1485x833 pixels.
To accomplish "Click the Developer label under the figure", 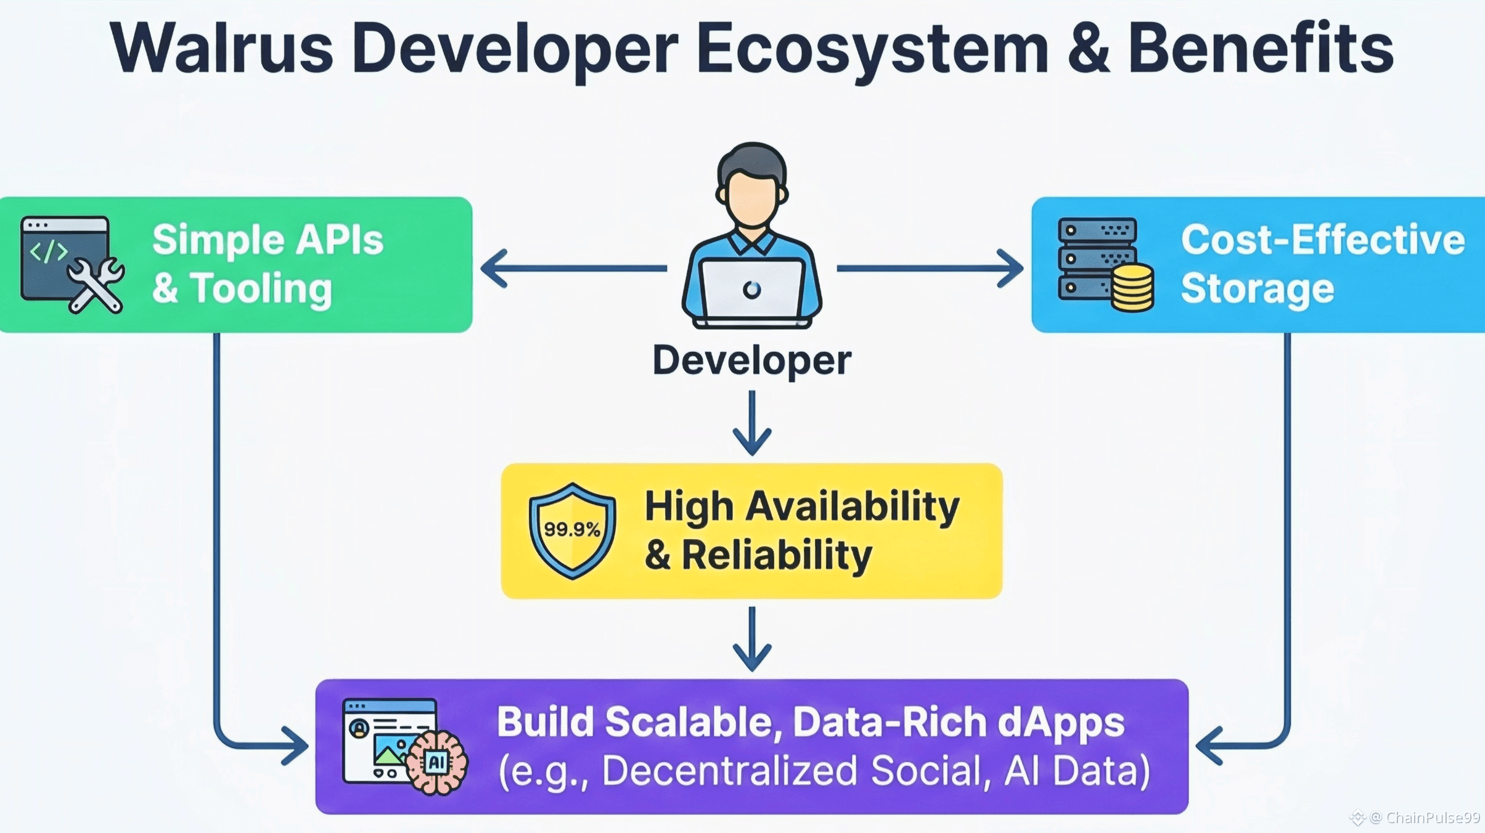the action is coord(752,360).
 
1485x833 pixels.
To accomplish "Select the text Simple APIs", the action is coord(268,240).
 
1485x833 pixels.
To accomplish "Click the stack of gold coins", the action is coord(1132,287).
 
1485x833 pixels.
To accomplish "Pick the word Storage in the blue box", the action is coord(1257,288).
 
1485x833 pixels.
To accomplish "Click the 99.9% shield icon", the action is coord(572,530).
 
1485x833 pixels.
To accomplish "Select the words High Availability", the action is coord(802,506).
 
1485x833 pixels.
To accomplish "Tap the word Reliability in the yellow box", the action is coord(777,555).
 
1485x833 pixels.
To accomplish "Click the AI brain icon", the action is coord(437,762).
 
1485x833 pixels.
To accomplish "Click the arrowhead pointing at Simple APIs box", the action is coord(494,269).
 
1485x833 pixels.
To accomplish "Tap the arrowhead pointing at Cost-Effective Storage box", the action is coord(1010,269).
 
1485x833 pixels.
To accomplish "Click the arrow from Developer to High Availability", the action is coord(752,423).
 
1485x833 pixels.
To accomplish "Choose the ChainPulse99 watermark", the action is coord(1424,818).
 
